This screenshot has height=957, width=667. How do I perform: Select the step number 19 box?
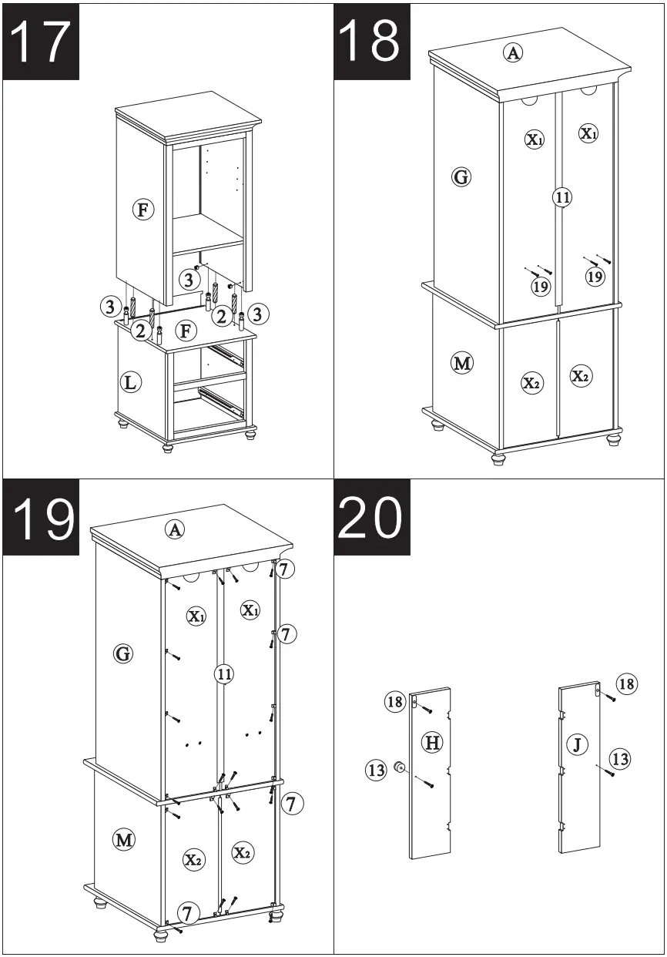pos(42,517)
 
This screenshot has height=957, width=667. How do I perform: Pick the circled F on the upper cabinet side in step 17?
pos(142,209)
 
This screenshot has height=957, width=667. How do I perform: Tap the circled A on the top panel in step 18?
pos(513,52)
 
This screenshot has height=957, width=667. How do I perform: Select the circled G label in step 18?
pos(461,178)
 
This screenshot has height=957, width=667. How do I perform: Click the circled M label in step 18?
pos(461,363)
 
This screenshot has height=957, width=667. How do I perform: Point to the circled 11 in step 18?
pos(562,197)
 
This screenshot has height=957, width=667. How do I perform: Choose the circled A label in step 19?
pos(176,529)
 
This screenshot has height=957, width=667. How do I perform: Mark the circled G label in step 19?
pos(122,654)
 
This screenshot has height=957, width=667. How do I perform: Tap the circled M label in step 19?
pos(123,839)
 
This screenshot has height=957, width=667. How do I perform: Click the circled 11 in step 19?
pos(223,674)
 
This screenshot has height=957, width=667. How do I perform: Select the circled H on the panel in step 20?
pos(433,743)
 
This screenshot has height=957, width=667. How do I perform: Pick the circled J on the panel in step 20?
pos(577,744)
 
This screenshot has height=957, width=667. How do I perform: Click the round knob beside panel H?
pos(401,767)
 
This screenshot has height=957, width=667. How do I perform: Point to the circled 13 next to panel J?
pos(619,759)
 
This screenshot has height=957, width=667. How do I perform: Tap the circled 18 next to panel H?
pos(395,701)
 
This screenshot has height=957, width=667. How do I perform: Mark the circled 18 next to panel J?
pos(626,683)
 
